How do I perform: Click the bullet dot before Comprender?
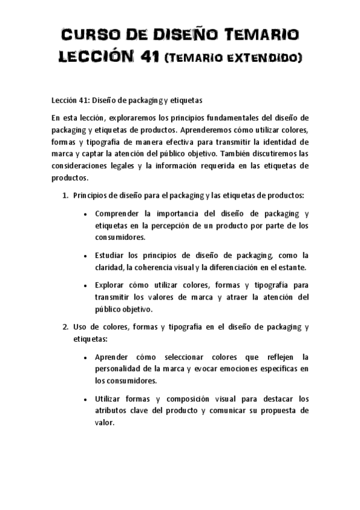point(87,214)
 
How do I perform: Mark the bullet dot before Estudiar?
point(87,255)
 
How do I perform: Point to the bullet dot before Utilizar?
point(87,399)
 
